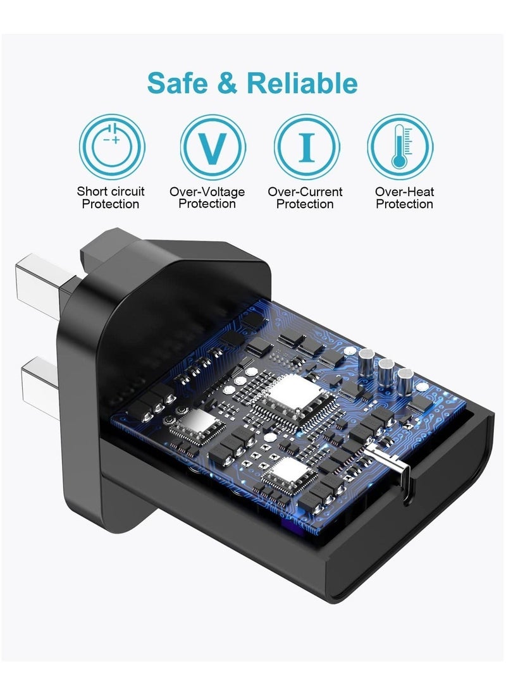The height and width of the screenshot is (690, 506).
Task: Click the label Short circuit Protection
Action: [x=111, y=197]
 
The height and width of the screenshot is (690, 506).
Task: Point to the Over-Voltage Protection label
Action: [x=207, y=197]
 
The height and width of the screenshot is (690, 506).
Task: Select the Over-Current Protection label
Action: [x=305, y=197]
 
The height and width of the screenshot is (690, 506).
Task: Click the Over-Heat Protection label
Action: [x=404, y=197]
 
